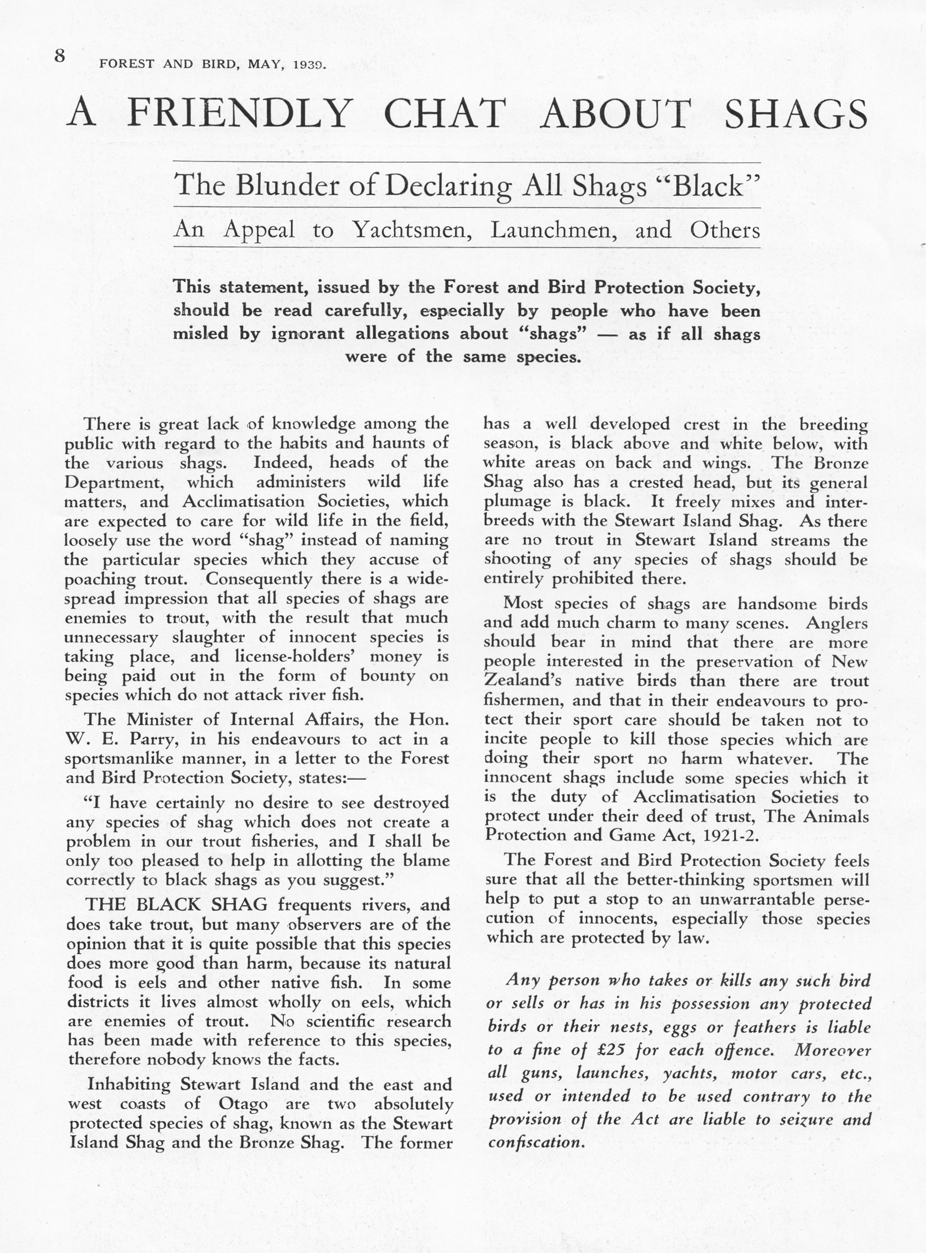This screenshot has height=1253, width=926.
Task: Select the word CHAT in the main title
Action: click(x=445, y=114)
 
